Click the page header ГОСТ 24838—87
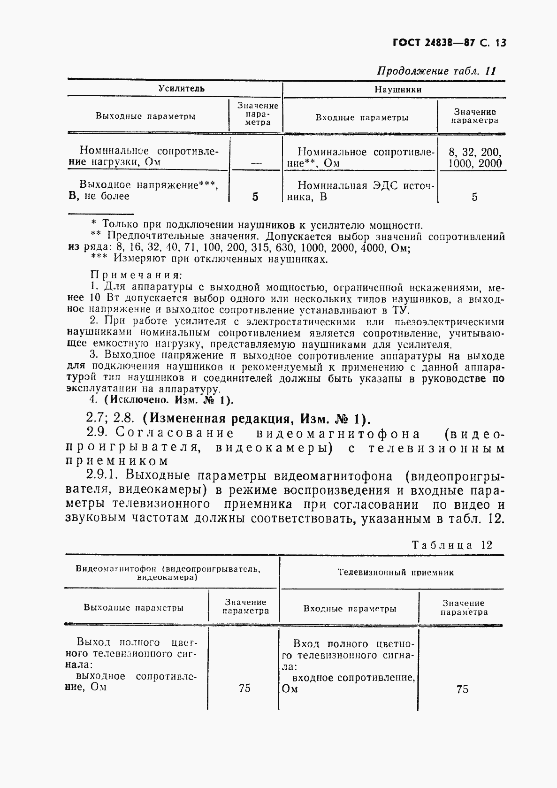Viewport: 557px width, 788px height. coord(432,43)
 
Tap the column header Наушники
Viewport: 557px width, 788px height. coord(397,89)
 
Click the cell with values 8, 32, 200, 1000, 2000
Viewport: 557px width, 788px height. coord(475,158)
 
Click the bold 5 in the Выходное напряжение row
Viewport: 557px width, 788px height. coord(255,197)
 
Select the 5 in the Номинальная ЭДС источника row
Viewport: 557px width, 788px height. coord(474,197)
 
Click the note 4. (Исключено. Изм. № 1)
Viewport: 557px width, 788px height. coord(161,400)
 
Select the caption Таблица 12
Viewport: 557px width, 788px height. coord(452,545)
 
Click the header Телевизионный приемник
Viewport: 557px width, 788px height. coord(396,572)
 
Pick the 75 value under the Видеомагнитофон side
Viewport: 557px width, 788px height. coord(244,689)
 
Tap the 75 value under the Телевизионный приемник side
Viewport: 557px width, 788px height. coord(462,689)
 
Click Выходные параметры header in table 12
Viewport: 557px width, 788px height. coord(133,607)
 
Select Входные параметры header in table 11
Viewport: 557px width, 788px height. coord(361,118)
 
